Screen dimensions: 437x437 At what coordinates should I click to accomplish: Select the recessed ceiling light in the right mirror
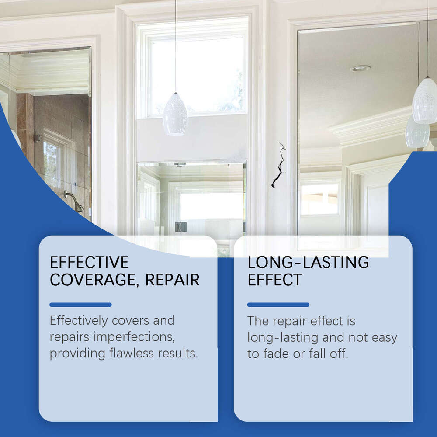[x=360, y=68]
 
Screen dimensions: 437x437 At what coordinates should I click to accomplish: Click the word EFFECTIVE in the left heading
[x=89, y=262]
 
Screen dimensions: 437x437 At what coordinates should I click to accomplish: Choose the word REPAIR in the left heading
[x=173, y=280]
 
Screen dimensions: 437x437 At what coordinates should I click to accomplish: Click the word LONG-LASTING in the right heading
[x=308, y=263]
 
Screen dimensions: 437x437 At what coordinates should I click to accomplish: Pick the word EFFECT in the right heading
[x=274, y=280]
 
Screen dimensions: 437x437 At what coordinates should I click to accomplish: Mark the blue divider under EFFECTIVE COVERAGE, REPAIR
[x=80, y=305]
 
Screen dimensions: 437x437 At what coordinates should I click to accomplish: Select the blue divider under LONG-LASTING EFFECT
[x=278, y=305]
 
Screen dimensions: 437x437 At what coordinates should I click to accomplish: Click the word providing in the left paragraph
[x=77, y=353]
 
